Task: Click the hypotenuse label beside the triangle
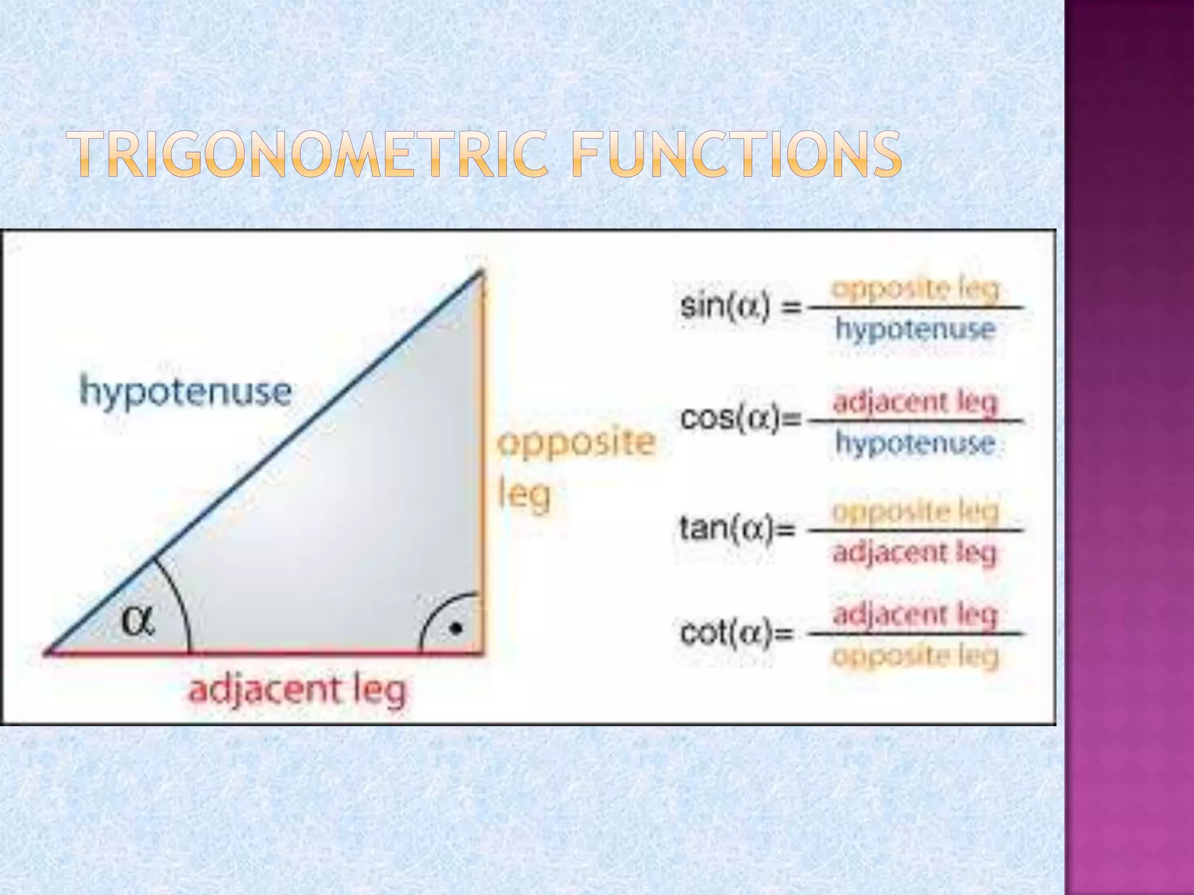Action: pyautogui.click(x=185, y=391)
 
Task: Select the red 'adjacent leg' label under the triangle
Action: pyautogui.click(x=297, y=691)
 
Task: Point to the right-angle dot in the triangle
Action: pyautogui.click(x=456, y=629)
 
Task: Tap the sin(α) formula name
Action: pyautogui.click(x=726, y=306)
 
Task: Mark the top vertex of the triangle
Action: pyautogui.click(x=482, y=271)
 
